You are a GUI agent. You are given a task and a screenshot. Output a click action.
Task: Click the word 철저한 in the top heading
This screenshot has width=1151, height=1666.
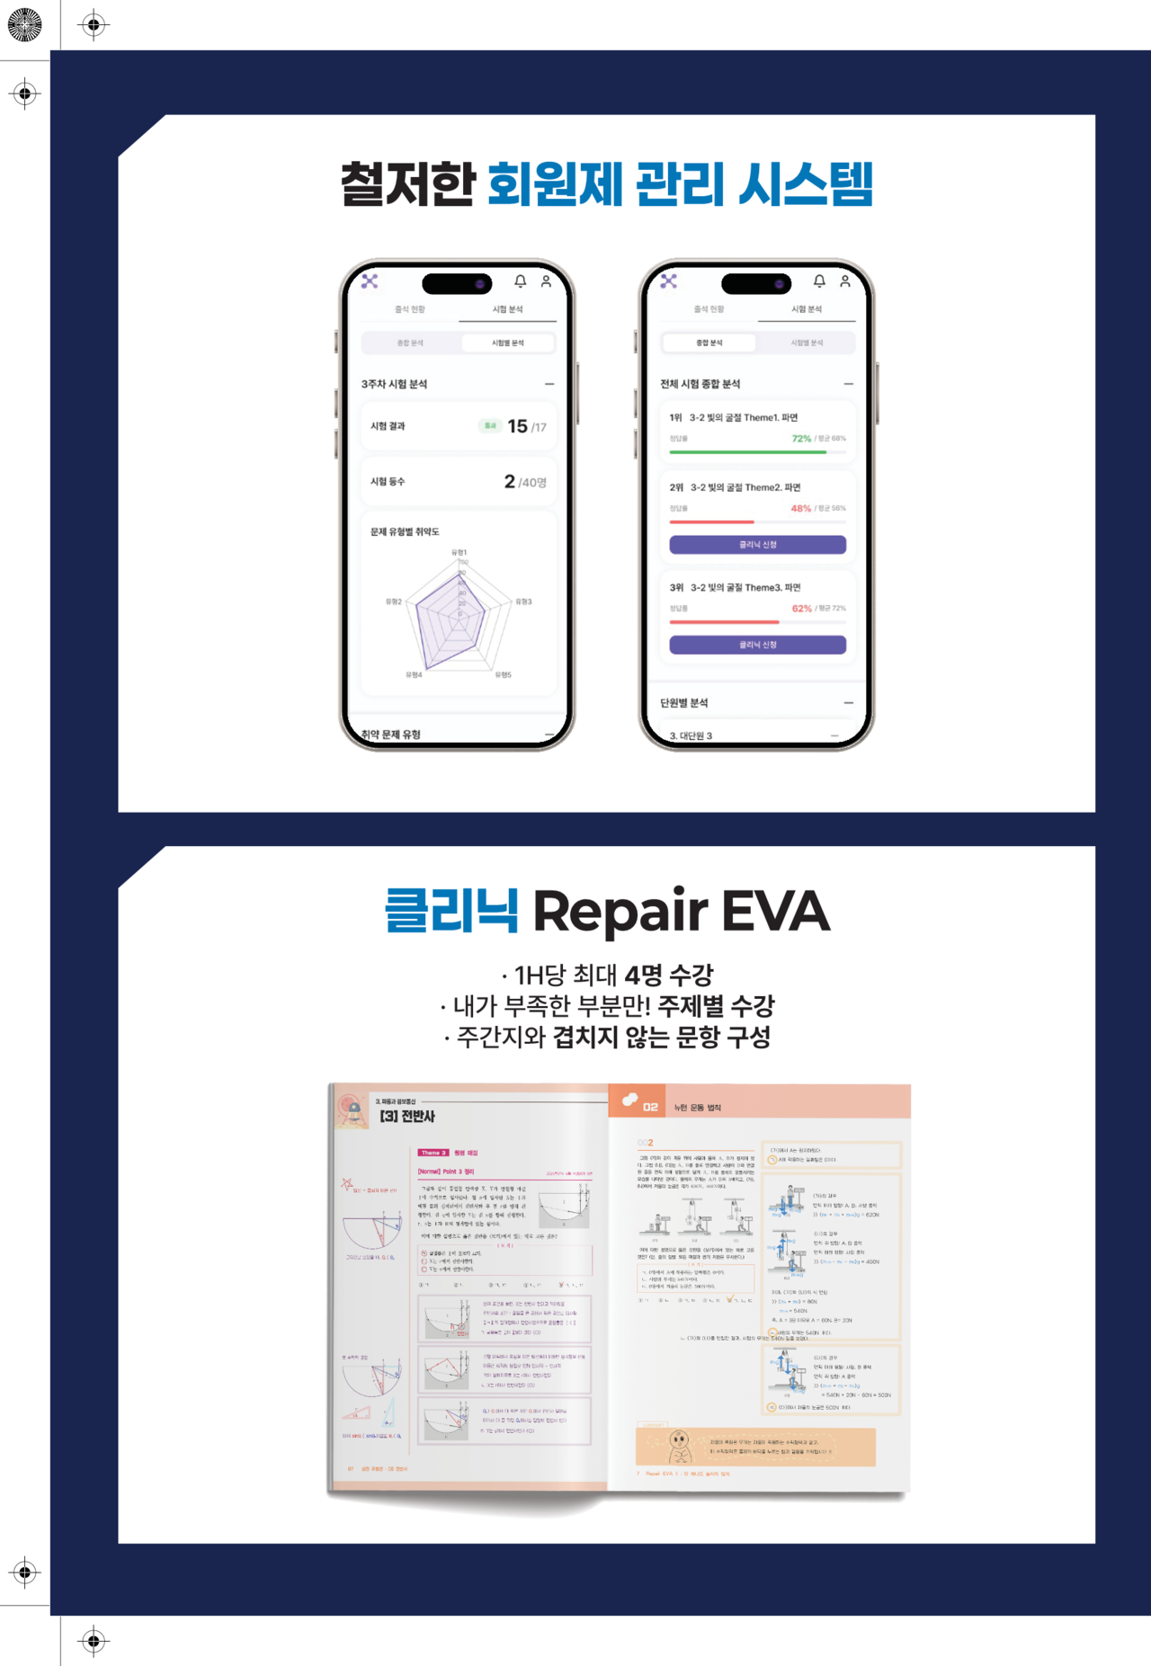click(406, 184)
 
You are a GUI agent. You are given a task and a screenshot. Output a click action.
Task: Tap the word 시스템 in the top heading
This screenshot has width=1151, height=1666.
click(805, 184)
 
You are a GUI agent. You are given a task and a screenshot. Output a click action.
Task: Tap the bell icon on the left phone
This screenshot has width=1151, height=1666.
click(520, 281)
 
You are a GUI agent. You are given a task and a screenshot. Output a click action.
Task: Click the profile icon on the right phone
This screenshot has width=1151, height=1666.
click(844, 281)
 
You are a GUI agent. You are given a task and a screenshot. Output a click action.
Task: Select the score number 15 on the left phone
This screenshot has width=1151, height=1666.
click(517, 426)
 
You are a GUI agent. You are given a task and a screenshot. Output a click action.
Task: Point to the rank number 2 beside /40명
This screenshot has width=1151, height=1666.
click(509, 482)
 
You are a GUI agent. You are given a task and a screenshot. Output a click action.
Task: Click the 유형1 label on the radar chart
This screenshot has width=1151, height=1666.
click(459, 552)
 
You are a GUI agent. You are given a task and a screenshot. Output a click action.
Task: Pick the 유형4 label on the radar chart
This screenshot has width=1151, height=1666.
click(414, 674)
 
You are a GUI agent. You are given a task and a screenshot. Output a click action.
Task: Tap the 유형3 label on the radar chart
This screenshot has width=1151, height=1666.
click(523, 601)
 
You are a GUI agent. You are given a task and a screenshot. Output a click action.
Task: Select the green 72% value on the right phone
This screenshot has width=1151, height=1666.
click(801, 439)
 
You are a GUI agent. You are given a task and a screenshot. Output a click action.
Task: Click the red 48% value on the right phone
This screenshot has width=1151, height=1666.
click(800, 509)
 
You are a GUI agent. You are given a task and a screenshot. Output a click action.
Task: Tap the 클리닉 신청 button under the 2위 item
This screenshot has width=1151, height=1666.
click(757, 545)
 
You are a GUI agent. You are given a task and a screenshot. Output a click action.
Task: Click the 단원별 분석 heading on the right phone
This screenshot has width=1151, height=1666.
click(684, 703)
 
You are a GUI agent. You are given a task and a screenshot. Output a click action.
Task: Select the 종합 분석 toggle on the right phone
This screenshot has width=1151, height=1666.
click(709, 343)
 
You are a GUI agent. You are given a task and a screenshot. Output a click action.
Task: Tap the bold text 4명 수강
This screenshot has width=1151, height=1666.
click(669, 975)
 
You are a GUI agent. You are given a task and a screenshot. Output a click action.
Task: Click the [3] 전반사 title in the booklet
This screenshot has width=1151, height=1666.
click(406, 1116)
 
